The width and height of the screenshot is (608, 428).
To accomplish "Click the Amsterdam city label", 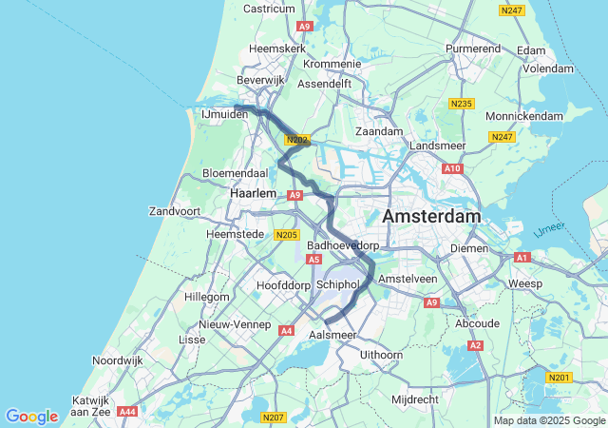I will [x=431, y=217].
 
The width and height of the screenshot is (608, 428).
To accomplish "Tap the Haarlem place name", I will [x=253, y=193].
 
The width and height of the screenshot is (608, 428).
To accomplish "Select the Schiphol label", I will [x=336, y=284].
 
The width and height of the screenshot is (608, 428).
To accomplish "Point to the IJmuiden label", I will [x=224, y=114].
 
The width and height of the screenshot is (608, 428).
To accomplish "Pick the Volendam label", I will [x=548, y=68].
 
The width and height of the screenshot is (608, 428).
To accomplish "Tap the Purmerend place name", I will [x=473, y=47].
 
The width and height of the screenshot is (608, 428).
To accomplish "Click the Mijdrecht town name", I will [x=414, y=399].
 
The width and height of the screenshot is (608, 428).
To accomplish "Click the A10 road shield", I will [x=452, y=168].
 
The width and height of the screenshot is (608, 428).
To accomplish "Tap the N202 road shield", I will [x=296, y=140].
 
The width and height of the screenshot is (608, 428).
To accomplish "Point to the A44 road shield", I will [x=128, y=412].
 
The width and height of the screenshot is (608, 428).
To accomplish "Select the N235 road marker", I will [x=462, y=104].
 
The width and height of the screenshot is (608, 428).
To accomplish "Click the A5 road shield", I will [x=313, y=259].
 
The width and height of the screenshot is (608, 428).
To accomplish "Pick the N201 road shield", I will [x=560, y=378].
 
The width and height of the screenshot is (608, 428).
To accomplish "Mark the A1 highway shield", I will [x=522, y=258].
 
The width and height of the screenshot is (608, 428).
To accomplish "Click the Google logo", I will [x=31, y=417].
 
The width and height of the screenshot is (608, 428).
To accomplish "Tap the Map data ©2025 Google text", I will [x=549, y=421].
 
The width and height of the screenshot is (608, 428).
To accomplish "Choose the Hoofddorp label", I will [x=283, y=284].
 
